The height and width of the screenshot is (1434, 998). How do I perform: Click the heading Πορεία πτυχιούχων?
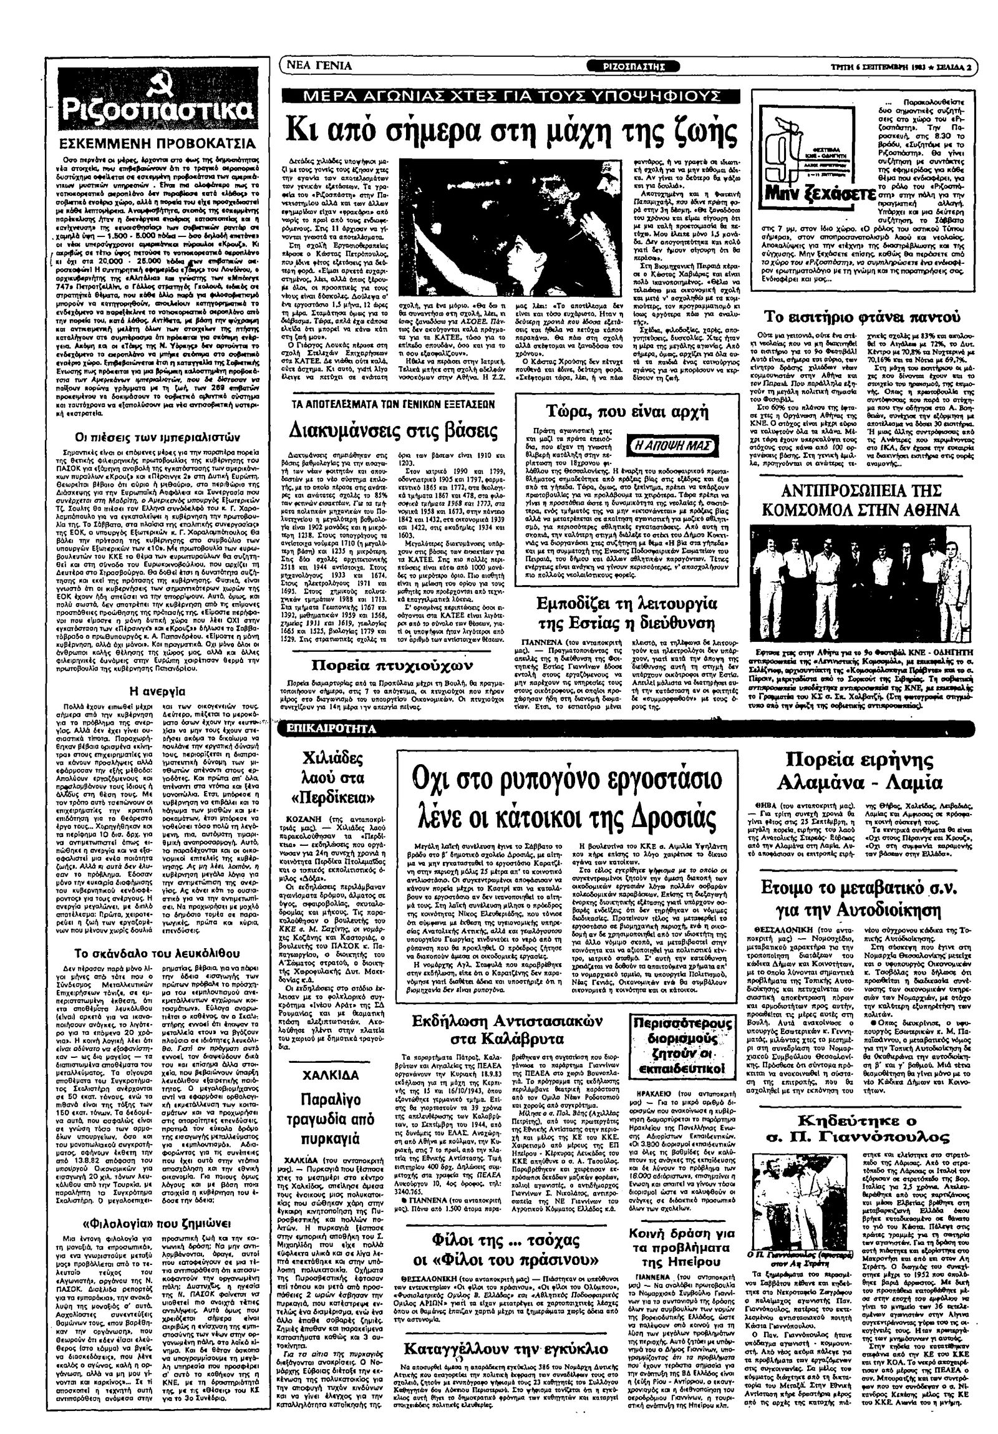392,664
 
